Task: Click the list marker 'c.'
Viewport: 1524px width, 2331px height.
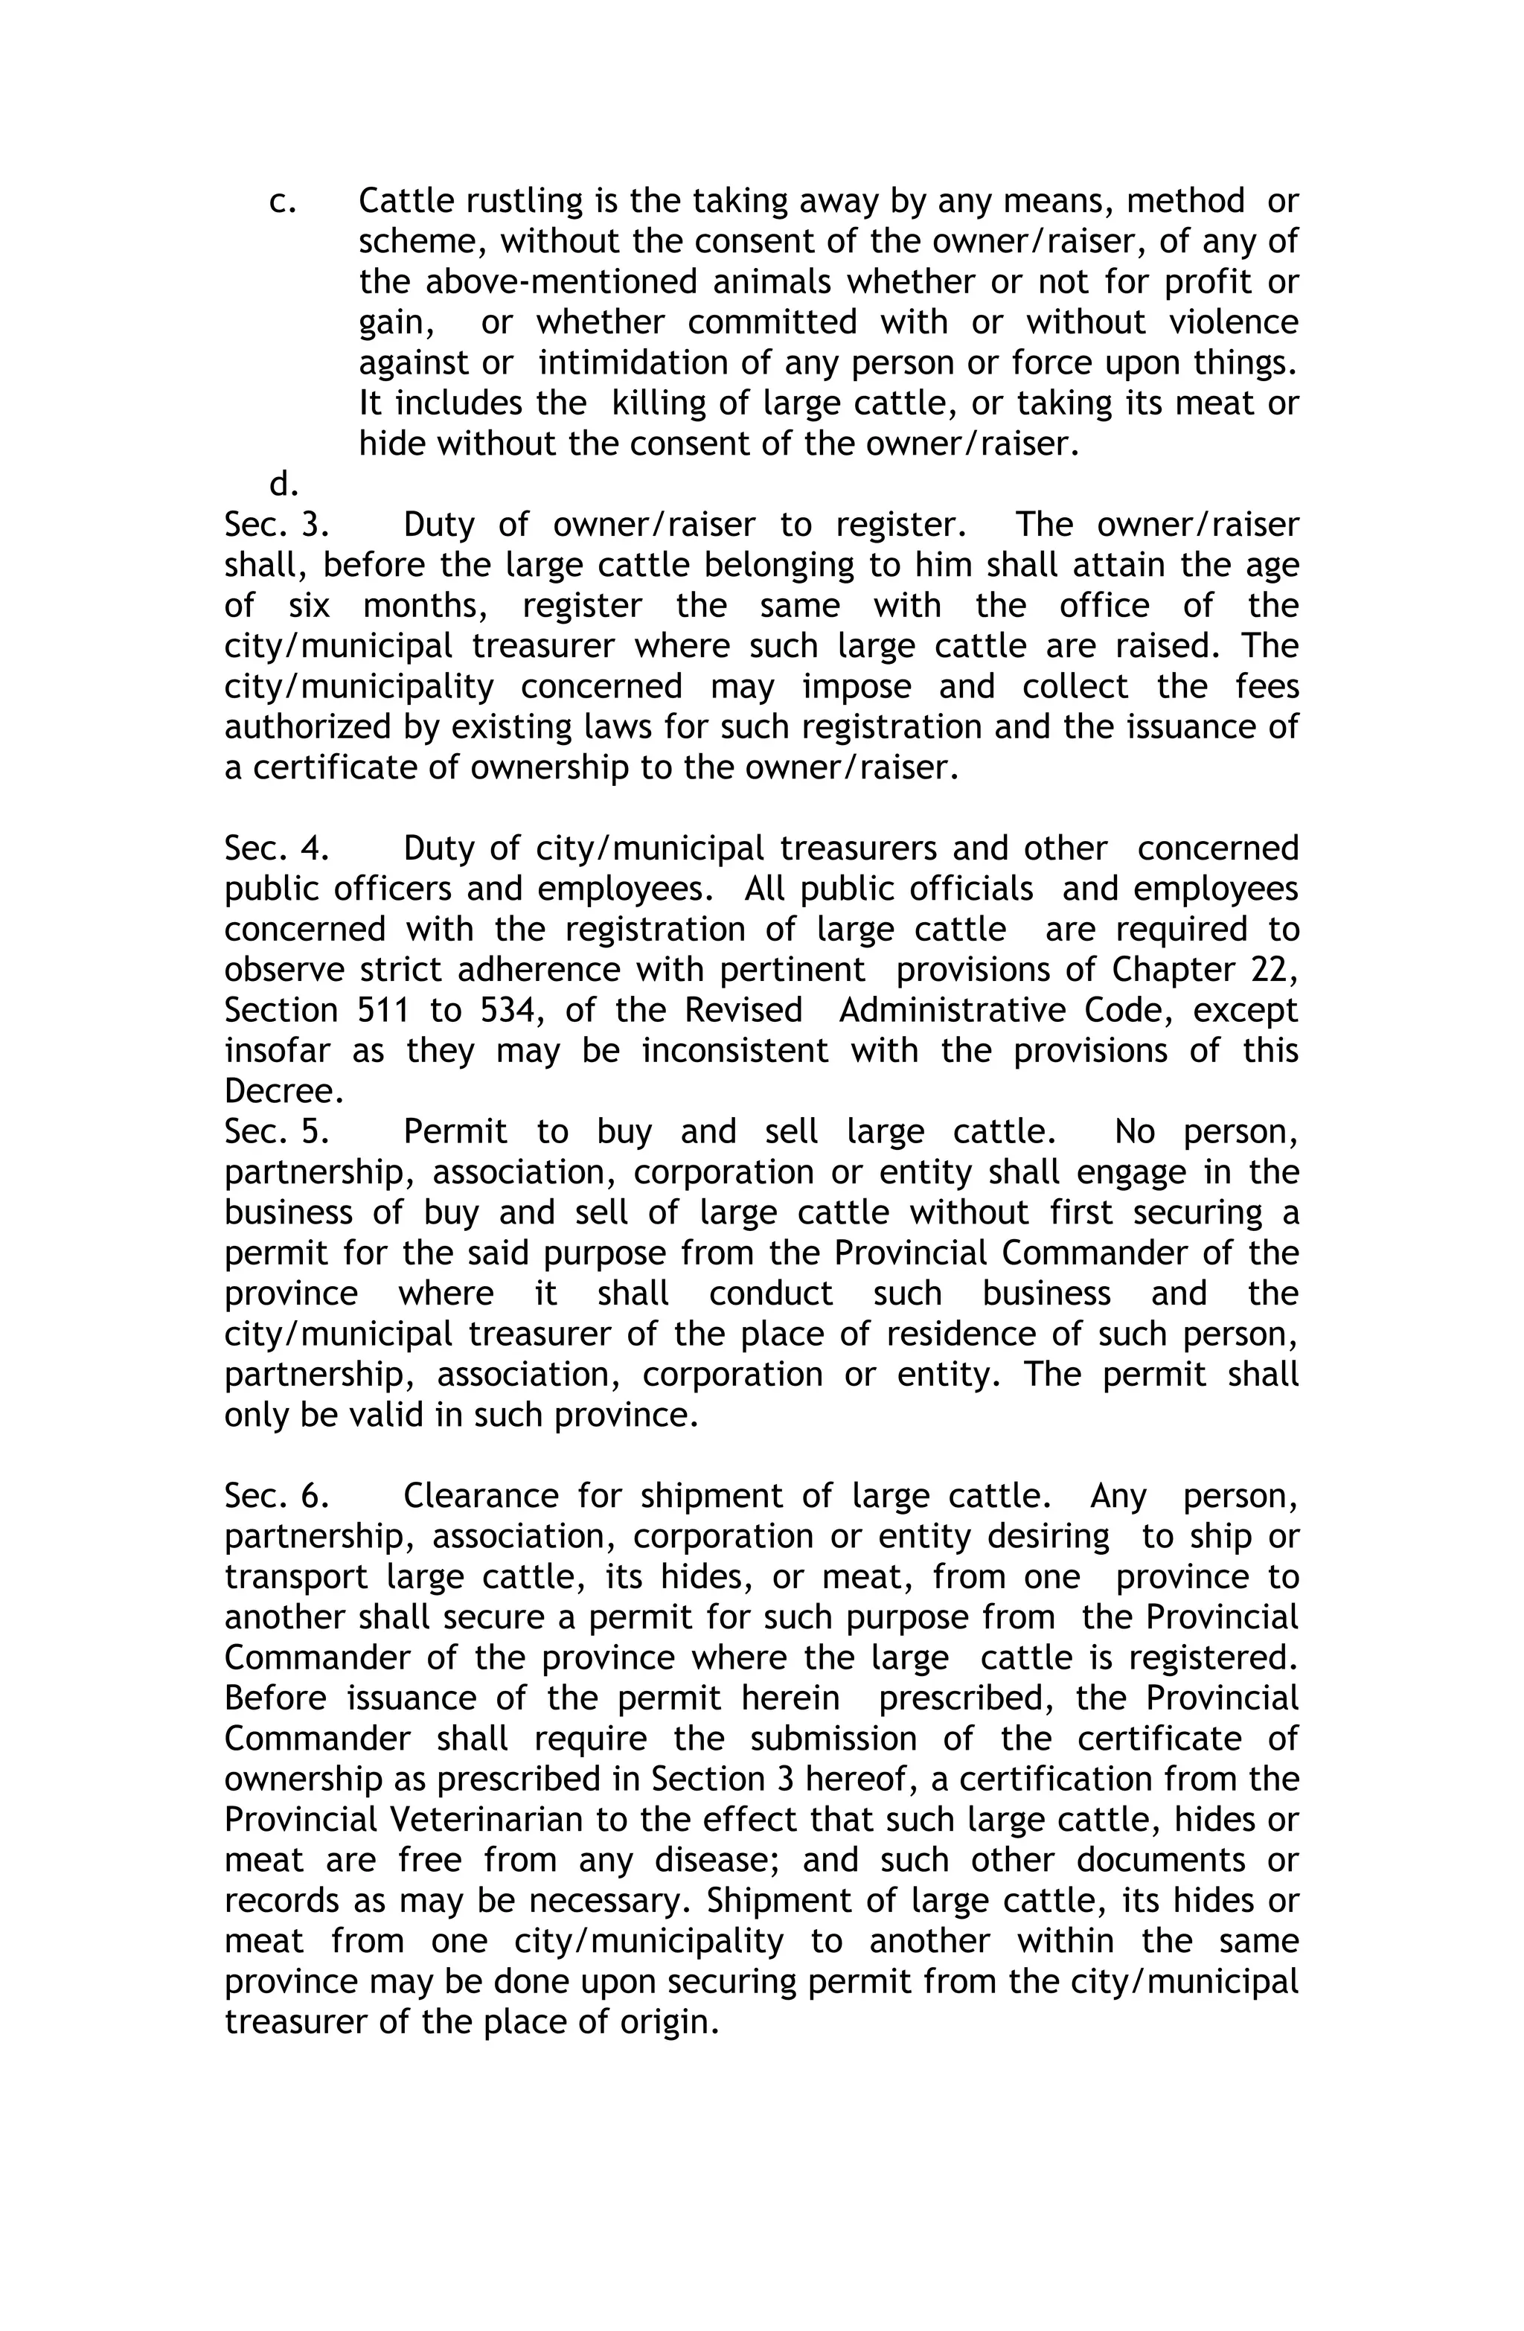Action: coord(282,202)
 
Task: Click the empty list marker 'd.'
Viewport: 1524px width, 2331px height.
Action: coord(283,484)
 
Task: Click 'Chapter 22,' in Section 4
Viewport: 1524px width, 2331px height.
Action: coord(1205,970)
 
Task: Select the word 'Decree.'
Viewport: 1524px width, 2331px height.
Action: coord(283,1091)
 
